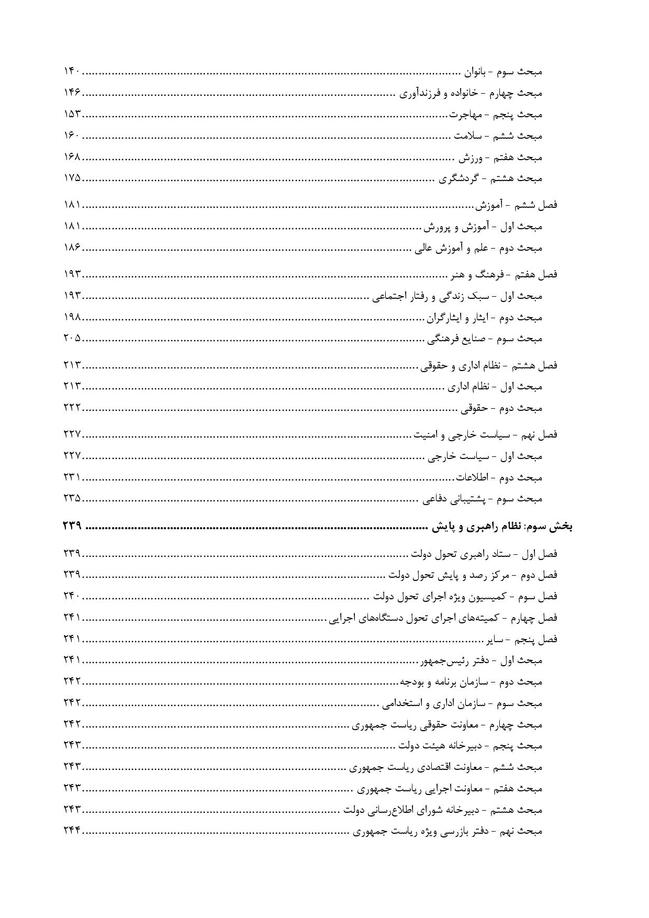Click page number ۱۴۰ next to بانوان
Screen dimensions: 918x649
72,71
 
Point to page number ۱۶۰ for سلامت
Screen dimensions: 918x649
72,136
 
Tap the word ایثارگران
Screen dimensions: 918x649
444,318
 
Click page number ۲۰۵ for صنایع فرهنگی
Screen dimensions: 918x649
72,338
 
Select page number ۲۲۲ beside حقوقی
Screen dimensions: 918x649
72,408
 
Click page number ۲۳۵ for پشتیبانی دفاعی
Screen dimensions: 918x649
72,498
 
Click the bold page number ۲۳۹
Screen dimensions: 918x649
72,527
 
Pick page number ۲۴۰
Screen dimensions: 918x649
72,596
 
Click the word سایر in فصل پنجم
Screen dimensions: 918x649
495,639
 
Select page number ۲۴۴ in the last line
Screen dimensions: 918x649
72,831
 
